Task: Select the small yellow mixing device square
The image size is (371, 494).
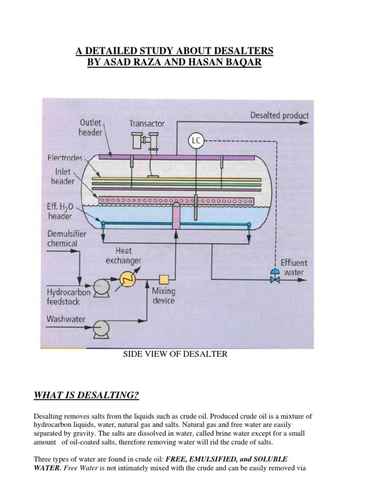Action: point(164,279)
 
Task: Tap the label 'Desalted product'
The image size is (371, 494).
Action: point(279,116)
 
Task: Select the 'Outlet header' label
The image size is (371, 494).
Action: point(90,127)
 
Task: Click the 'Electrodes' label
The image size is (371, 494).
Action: point(66,157)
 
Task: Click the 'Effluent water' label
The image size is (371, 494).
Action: point(293,268)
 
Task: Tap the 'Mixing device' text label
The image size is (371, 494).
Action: point(164,296)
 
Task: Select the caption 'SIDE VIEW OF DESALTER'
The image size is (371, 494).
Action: point(175,355)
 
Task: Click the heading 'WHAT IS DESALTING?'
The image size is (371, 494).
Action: point(86,396)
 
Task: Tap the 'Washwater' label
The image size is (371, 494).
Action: point(67,319)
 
